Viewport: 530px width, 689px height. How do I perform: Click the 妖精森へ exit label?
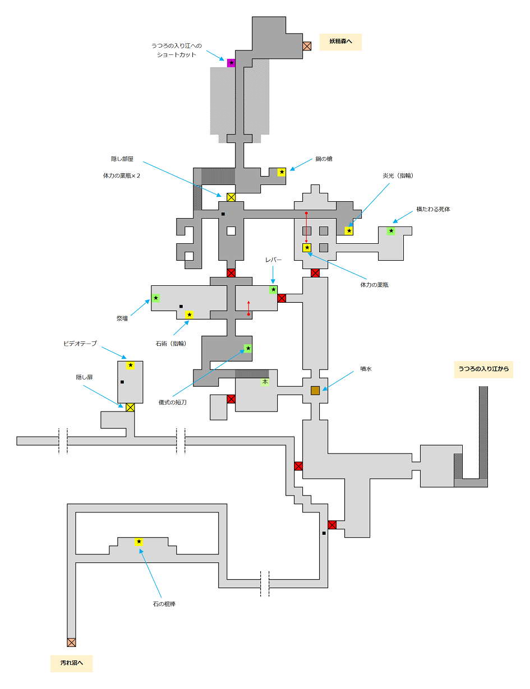tap(340, 42)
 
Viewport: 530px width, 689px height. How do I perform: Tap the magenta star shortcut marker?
tap(231, 63)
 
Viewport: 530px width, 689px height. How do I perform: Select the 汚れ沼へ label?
tap(71, 663)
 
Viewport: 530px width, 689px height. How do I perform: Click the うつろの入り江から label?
tap(483, 369)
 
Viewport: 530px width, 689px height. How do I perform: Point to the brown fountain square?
tap(315, 390)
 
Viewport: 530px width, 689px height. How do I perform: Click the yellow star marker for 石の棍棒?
tap(139, 542)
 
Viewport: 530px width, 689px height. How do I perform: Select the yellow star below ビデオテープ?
tap(130, 366)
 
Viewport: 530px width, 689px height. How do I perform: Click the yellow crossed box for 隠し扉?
tap(130, 408)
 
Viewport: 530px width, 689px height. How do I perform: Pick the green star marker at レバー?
tap(273, 290)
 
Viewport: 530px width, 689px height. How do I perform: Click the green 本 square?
tap(265, 382)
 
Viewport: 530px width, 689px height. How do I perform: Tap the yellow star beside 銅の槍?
tap(282, 172)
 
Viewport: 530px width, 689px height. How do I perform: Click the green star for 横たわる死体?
tap(391, 231)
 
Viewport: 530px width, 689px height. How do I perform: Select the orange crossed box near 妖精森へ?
tap(307, 46)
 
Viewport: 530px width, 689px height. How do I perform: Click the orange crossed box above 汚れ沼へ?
tap(71, 642)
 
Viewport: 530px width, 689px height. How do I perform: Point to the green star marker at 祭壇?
tap(155, 298)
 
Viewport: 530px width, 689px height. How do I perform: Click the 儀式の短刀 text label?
tap(172, 402)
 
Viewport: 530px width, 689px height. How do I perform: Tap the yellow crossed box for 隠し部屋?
tap(231, 197)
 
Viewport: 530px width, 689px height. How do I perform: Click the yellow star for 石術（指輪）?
tap(189, 315)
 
